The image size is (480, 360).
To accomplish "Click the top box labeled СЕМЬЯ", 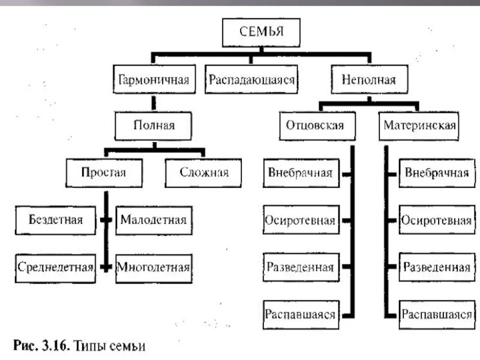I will tap(261, 32).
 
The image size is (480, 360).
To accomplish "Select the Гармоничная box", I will tap(155, 80).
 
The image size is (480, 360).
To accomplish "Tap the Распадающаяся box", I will tap(251, 80).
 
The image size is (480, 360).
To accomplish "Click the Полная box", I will tap(154, 125).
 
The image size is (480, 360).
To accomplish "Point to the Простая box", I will tap(104, 173).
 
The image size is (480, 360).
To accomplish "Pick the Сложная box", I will tap(204, 173).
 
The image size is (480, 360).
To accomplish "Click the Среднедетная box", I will tap(55, 266).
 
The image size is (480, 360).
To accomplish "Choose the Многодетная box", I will tap(154, 266).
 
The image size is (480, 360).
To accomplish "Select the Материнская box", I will tap(419, 126).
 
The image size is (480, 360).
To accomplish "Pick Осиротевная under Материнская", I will tap(436, 220).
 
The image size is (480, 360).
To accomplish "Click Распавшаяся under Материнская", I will tap(436, 314).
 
